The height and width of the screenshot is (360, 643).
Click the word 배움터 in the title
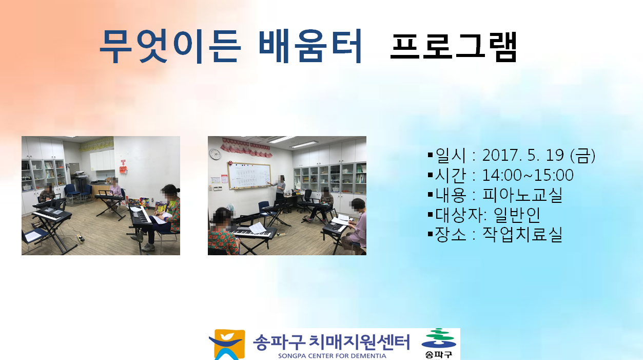pyautogui.click(x=310, y=46)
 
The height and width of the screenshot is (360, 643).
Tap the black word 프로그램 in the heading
pyautogui.click(x=454, y=47)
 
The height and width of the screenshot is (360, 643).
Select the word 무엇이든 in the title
pyautogui.click(x=170, y=46)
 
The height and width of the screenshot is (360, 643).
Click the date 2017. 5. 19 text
pyautogui.click(x=523, y=155)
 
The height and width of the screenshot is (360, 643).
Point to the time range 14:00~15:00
pyautogui.click(x=528, y=175)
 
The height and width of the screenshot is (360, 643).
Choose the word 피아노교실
pyautogui.click(x=522, y=195)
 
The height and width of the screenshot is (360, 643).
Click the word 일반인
pyautogui.click(x=517, y=215)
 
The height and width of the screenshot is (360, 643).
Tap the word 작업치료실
pyautogui.click(x=522, y=235)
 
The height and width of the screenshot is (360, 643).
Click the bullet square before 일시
pyautogui.click(x=430, y=155)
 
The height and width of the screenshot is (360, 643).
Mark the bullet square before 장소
pyautogui.click(x=430, y=234)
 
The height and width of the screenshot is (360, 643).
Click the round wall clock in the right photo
pyautogui.click(x=215, y=154)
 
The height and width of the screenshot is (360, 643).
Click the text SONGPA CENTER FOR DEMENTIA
pyautogui.click(x=332, y=356)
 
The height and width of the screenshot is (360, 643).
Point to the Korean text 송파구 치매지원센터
pyautogui.click(x=332, y=342)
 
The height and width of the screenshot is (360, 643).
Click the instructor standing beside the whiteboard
pyautogui.click(x=280, y=188)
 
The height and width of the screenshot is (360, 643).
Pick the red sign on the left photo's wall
pyautogui.click(x=123, y=167)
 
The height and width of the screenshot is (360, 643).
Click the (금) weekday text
pyautogui.click(x=583, y=156)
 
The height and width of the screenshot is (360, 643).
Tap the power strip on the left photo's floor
pyautogui.click(x=81, y=238)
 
